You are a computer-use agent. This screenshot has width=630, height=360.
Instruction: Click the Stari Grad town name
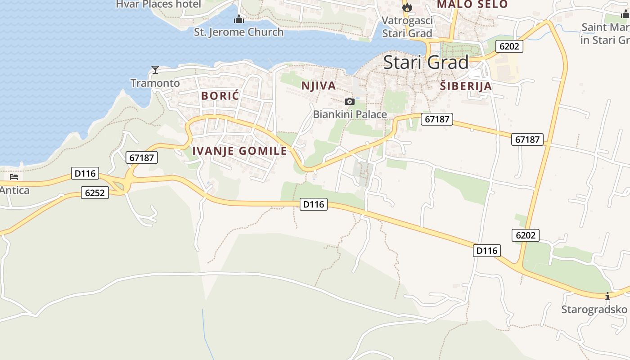point(426,62)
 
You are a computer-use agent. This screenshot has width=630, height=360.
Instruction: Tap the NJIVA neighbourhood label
point(319,85)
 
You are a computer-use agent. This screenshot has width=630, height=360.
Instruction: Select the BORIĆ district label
point(220,96)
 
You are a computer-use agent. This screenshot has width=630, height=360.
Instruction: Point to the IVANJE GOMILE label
point(239,151)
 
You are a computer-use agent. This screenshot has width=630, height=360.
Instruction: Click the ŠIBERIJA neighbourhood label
point(466,86)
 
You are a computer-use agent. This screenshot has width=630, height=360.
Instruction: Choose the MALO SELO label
point(472,4)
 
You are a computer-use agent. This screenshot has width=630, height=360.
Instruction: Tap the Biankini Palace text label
point(350,114)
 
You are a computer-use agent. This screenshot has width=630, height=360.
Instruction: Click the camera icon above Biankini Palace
point(349,101)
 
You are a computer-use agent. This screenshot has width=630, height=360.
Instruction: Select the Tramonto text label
point(155,83)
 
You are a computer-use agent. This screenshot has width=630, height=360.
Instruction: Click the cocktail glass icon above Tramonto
point(155,70)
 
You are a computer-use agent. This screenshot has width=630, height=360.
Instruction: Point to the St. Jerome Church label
point(238,32)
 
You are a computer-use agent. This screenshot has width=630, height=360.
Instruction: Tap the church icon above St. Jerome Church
point(238,19)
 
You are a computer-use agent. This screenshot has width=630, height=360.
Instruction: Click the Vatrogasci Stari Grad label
point(407,27)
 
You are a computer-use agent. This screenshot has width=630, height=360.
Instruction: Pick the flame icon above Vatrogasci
point(407,7)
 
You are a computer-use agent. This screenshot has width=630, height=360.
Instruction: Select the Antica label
point(14,190)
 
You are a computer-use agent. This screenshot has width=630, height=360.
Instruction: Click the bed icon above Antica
point(14,177)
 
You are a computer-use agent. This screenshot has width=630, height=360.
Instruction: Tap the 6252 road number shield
point(95,193)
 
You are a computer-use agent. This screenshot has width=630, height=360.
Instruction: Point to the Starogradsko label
point(594,309)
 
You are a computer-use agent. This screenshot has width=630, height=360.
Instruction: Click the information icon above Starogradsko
point(607,296)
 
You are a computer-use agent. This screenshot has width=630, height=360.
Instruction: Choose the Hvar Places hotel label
point(158,4)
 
